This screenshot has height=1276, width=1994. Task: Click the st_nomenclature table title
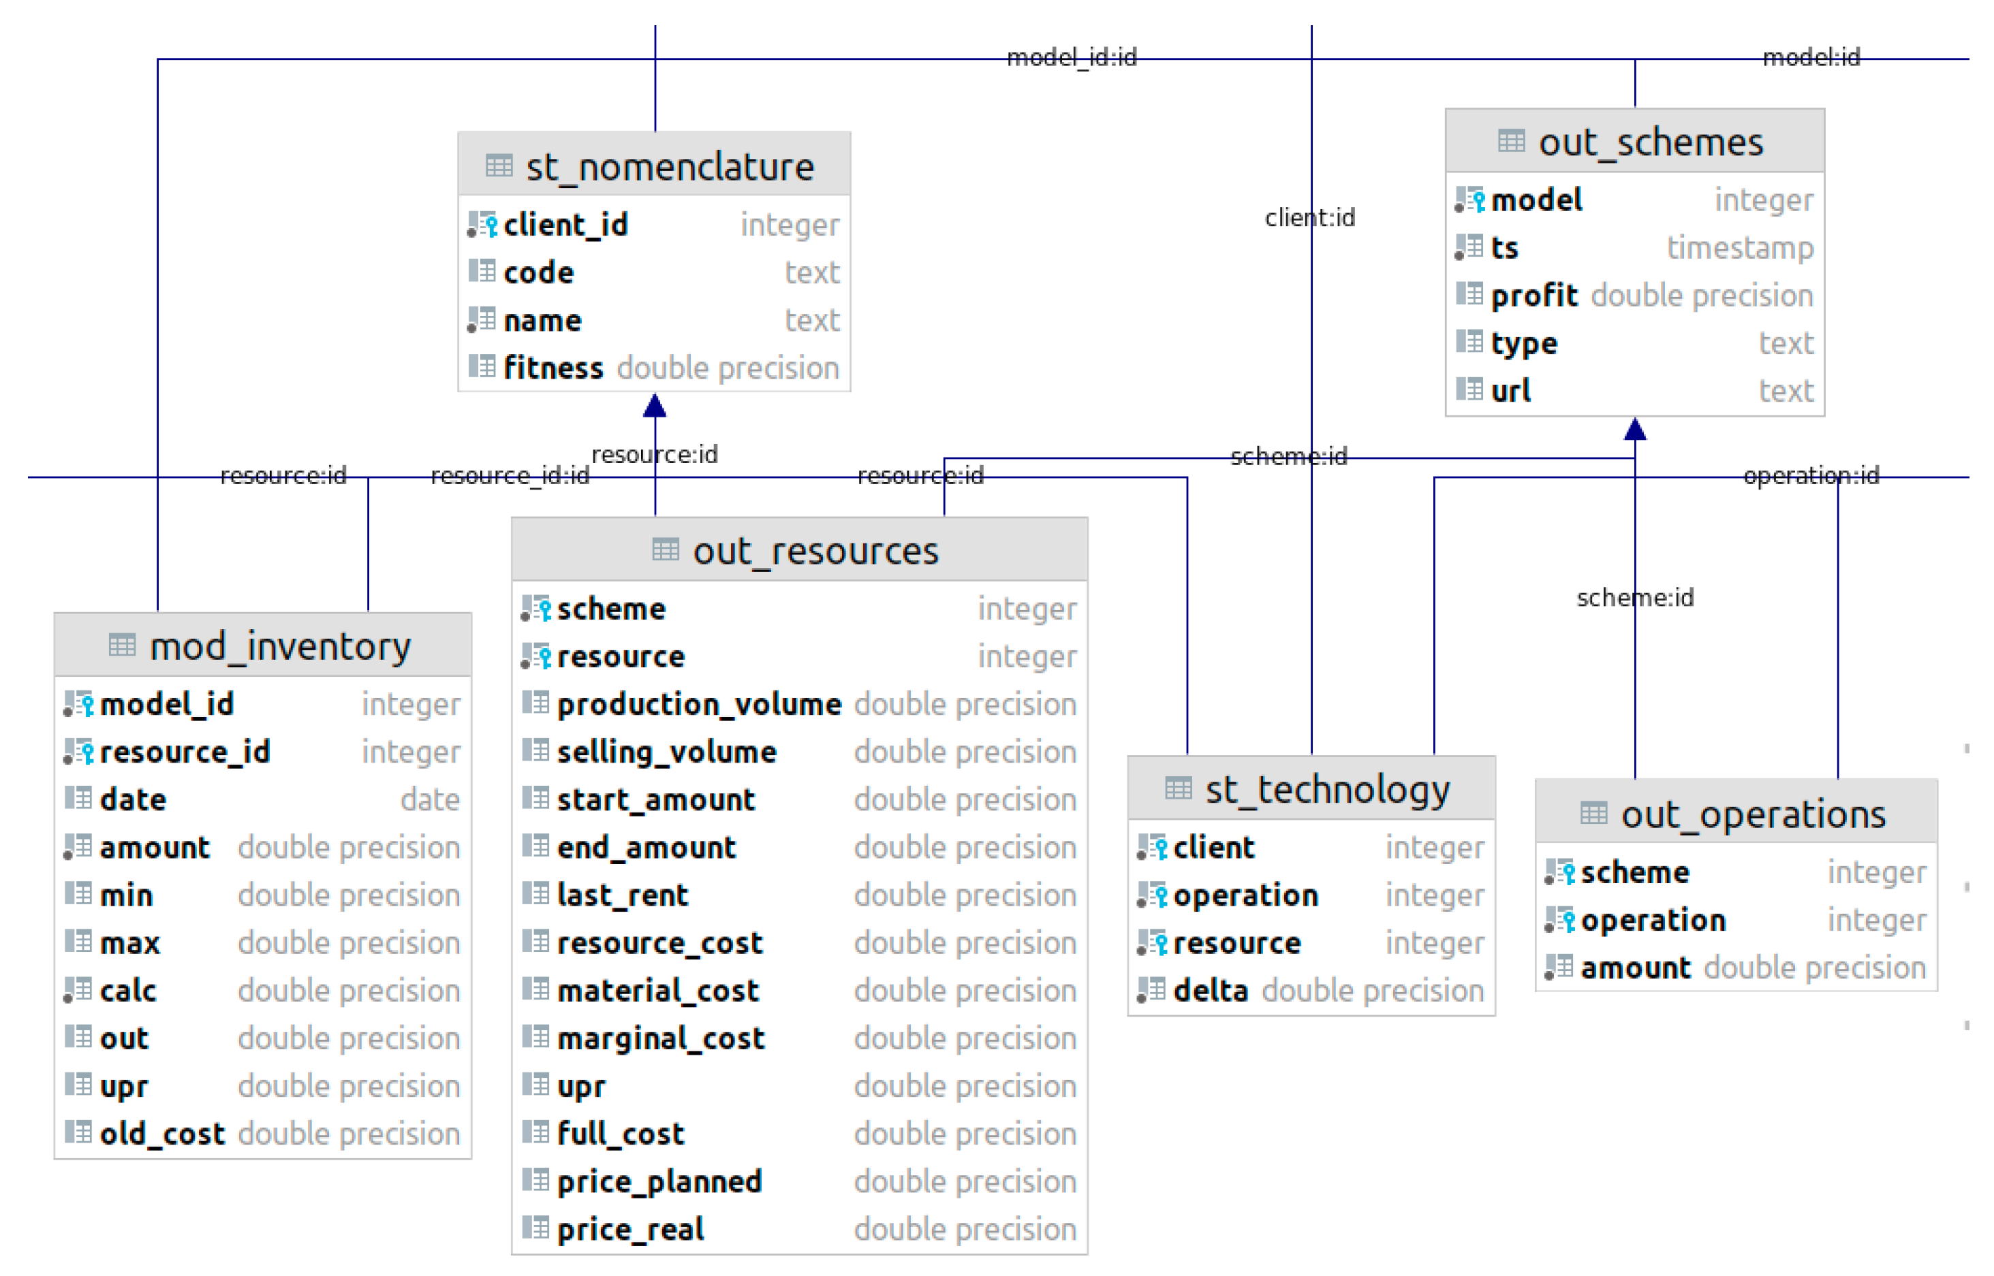(x=670, y=167)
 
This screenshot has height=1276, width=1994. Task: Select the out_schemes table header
(x=1650, y=142)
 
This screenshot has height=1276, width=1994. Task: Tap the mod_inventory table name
(x=280, y=645)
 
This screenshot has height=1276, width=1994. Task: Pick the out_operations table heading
(x=1753, y=814)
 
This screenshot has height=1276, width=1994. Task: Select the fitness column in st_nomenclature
(x=552, y=367)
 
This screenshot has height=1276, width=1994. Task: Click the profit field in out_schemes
(x=1533, y=295)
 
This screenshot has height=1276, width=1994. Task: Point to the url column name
(x=1510, y=390)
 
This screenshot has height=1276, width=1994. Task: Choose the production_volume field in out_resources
(x=699, y=703)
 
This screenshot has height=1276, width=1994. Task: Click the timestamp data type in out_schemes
(x=1740, y=247)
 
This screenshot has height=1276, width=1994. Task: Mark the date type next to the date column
(x=429, y=799)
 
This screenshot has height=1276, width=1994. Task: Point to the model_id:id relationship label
(x=1071, y=57)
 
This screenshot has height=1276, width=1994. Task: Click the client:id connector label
(x=1309, y=217)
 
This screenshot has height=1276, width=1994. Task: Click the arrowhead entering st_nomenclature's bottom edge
(x=655, y=405)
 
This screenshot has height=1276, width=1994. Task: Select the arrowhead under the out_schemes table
(x=1634, y=429)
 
